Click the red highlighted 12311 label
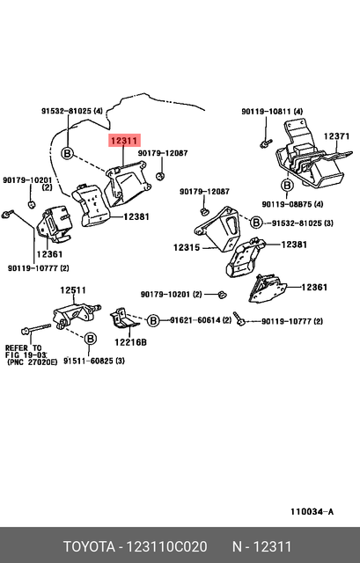(x=124, y=140)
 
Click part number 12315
(x=187, y=248)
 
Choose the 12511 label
(x=73, y=290)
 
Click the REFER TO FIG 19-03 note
(x=31, y=355)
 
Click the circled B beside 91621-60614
(x=153, y=321)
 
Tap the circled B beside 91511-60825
(x=89, y=339)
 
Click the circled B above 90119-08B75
(x=287, y=186)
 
